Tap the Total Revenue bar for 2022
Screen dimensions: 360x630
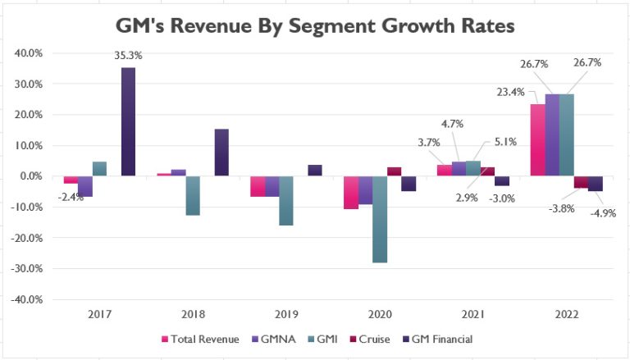(x=538, y=139)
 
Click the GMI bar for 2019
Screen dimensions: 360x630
(x=287, y=200)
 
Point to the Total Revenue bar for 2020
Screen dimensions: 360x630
(x=351, y=192)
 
